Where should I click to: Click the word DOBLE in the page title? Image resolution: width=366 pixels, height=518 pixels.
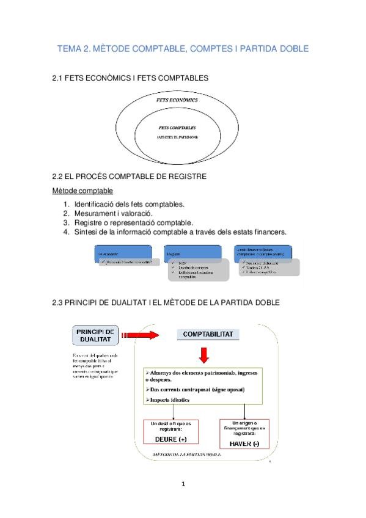(x=290, y=48)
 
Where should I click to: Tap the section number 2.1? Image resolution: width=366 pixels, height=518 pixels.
(x=60, y=78)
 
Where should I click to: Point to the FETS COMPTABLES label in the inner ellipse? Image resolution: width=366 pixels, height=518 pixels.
(x=177, y=128)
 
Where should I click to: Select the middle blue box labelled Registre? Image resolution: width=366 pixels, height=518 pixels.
(x=192, y=252)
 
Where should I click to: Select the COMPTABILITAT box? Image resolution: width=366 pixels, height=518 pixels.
(x=207, y=334)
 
